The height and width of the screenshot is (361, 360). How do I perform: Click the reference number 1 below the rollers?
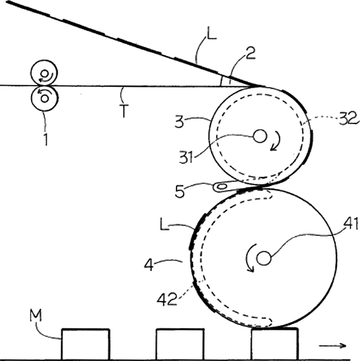pos(46,139)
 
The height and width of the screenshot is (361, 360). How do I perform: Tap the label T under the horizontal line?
pos(124,111)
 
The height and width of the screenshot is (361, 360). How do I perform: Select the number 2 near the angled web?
pos(251,53)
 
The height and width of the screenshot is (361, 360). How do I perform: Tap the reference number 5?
pos(179,191)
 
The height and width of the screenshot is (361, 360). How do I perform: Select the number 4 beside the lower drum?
pos(149,265)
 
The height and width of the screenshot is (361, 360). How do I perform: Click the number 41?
pos(351,223)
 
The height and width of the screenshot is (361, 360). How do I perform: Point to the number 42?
pos(167,299)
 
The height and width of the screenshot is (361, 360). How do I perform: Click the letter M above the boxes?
pos(36,315)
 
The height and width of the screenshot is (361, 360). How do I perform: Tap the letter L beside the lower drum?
pos(164,224)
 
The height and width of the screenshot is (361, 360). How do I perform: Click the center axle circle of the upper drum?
pos(260,136)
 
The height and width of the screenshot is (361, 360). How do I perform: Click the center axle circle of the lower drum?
pos(264,258)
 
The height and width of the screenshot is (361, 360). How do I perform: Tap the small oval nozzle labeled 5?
pos(221,186)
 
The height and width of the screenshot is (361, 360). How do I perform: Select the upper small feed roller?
pos(44,73)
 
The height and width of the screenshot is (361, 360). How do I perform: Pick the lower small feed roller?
pos(44,98)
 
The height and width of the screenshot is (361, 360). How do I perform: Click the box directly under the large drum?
pos(275,344)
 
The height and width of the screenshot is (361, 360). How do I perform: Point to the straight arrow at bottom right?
pos(332,345)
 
